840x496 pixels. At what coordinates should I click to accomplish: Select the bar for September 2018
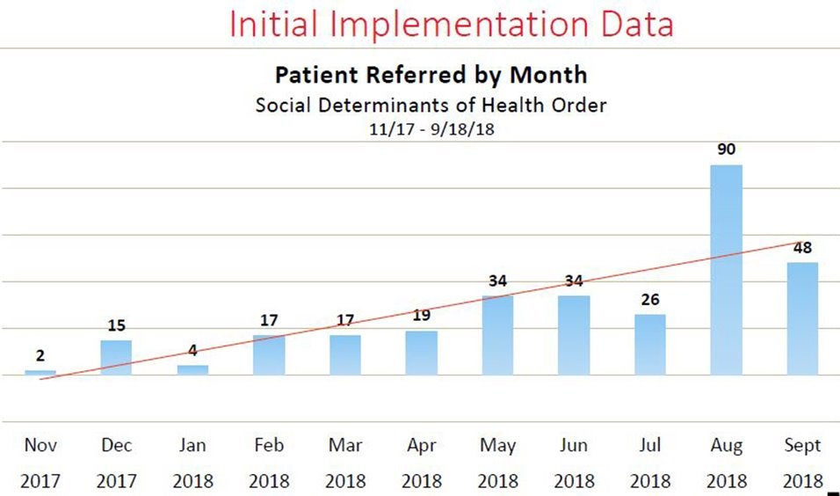(802, 318)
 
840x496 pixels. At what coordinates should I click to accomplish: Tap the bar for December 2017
(116, 357)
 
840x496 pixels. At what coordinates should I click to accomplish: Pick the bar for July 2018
(650, 344)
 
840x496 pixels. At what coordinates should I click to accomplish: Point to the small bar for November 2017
(40, 373)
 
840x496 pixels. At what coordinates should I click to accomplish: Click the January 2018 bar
(192, 370)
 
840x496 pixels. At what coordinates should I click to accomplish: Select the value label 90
(726, 150)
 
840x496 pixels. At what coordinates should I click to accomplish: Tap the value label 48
(802, 248)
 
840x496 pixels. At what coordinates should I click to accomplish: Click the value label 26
(650, 300)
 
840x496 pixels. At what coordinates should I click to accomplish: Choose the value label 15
(116, 326)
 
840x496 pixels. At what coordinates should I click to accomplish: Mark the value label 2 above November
(40, 356)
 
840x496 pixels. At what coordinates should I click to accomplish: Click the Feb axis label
(269, 446)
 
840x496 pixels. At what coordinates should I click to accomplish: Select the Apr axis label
(422, 446)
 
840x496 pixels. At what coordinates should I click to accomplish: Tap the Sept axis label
(802, 446)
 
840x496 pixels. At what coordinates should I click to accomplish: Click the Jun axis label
(574, 446)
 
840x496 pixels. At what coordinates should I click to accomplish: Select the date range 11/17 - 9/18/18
(431, 128)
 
